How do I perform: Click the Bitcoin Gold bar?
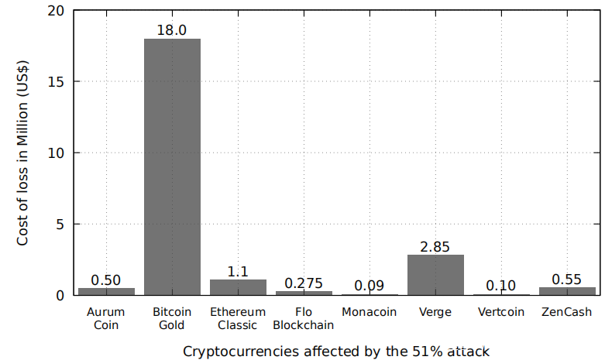tap(172, 166)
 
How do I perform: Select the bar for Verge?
tap(435, 275)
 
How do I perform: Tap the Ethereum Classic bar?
tap(238, 287)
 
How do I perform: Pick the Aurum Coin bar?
tap(106, 291)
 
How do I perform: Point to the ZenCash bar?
tap(567, 291)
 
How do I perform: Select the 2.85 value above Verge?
tap(435, 246)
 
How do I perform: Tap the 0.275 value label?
tap(304, 283)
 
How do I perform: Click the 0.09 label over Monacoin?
tap(370, 285)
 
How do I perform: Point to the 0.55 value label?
tap(567, 279)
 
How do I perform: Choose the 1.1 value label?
tap(238, 271)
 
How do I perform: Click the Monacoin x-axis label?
tap(370, 312)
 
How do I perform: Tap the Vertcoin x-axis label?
tap(501, 312)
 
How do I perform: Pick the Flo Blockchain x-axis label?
tap(304, 318)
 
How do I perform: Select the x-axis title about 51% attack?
tap(336, 351)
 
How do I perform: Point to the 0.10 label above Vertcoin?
tap(501, 285)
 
